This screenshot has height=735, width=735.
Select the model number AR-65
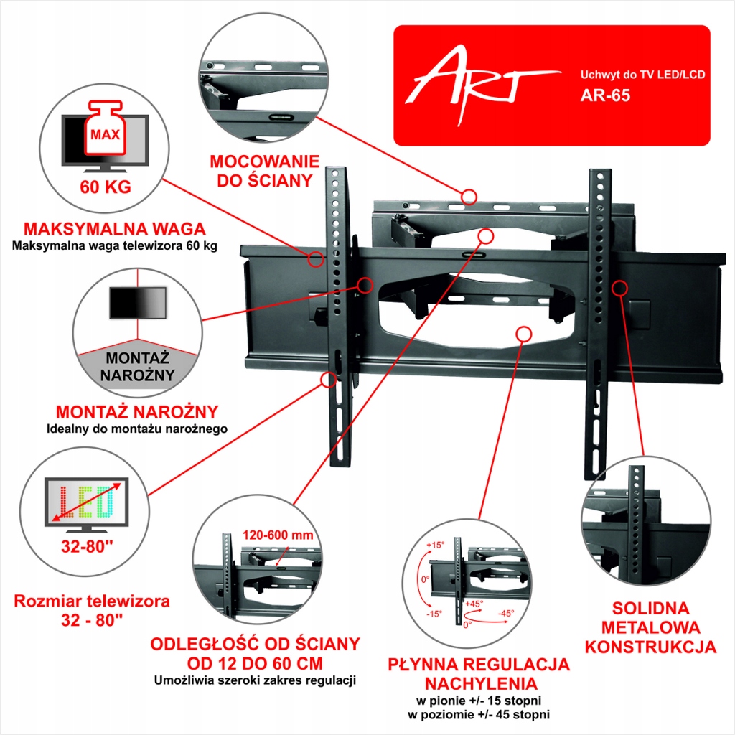click(605, 95)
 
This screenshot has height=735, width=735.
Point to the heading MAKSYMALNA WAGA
click(115, 230)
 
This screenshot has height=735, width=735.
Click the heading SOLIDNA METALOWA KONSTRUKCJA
click(650, 627)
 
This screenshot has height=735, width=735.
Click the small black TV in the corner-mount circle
click(137, 302)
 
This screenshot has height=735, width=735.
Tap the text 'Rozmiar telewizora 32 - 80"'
click(92, 610)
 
